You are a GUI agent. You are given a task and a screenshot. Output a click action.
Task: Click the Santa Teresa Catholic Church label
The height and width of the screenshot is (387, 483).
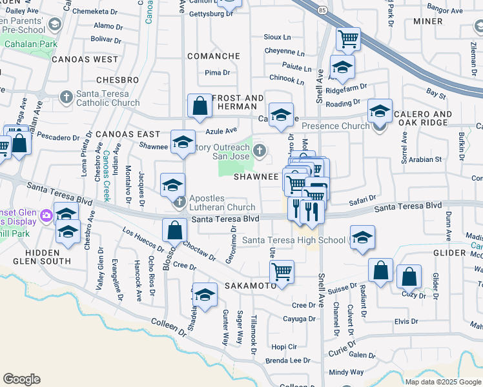pyautogui.click(x=107, y=98)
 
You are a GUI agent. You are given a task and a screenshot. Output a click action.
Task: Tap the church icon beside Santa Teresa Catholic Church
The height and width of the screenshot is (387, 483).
pyautogui.click(x=66, y=97)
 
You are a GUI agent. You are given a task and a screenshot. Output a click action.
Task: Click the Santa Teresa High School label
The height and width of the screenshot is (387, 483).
pyautogui.click(x=294, y=241)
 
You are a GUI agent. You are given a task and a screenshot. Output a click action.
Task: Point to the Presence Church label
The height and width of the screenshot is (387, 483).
pyautogui.click(x=334, y=126)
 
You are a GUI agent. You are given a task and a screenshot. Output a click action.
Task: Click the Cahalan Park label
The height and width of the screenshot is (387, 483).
pyautogui.click(x=26, y=44)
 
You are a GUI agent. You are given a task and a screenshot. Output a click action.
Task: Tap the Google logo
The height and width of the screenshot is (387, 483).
pyautogui.click(x=22, y=379)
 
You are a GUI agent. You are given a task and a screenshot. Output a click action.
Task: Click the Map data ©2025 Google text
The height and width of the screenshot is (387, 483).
pyautogui.click(x=443, y=382)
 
